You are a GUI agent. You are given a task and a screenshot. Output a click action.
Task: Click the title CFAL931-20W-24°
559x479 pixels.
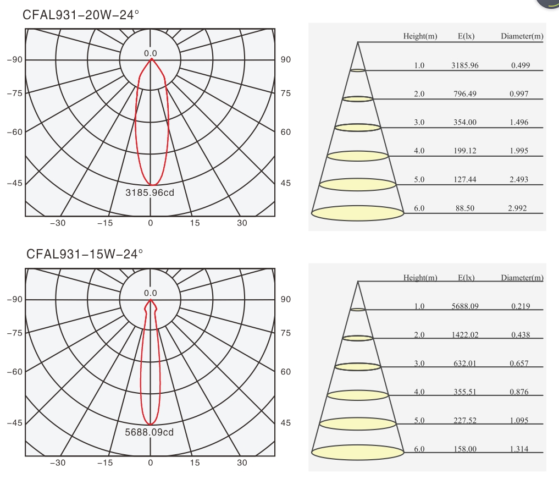tap(81, 15)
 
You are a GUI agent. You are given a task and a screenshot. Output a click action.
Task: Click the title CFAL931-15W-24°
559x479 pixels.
tap(85, 254)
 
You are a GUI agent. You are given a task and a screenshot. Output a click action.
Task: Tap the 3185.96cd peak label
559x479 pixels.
tap(150, 192)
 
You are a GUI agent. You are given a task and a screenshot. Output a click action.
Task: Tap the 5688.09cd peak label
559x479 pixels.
tap(150, 432)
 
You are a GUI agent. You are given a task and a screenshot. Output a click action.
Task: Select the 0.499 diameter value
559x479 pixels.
tap(521, 65)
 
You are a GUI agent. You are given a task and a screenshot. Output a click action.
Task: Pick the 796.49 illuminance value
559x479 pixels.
tap(465, 94)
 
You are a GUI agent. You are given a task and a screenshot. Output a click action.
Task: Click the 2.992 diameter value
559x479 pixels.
tap(517, 208)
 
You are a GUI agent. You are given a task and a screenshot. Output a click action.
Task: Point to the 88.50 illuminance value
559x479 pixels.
tap(465, 208)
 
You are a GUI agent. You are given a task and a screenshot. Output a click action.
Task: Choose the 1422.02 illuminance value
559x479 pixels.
tap(465, 334)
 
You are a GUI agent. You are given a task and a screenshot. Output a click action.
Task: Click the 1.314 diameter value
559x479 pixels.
tap(519, 449)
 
